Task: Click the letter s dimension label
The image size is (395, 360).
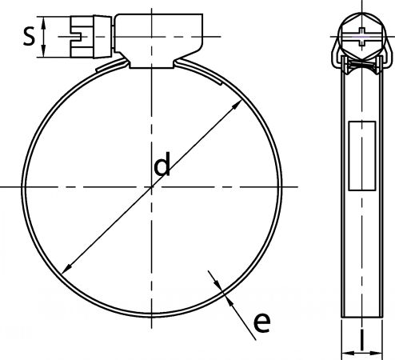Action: [29, 37]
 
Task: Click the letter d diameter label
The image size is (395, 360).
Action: [162, 164]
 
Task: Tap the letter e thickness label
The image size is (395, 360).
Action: [261, 322]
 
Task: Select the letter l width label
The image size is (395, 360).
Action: [362, 339]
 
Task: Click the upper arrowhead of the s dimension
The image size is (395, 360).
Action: [44, 21]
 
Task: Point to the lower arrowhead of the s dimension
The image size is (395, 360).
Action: [44, 52]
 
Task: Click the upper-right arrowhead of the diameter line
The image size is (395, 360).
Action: [237, 105]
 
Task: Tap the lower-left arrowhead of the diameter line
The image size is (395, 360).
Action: [66, 269]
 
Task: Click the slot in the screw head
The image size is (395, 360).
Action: [79, 37]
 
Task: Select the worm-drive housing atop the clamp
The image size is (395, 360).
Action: [159, 41]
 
